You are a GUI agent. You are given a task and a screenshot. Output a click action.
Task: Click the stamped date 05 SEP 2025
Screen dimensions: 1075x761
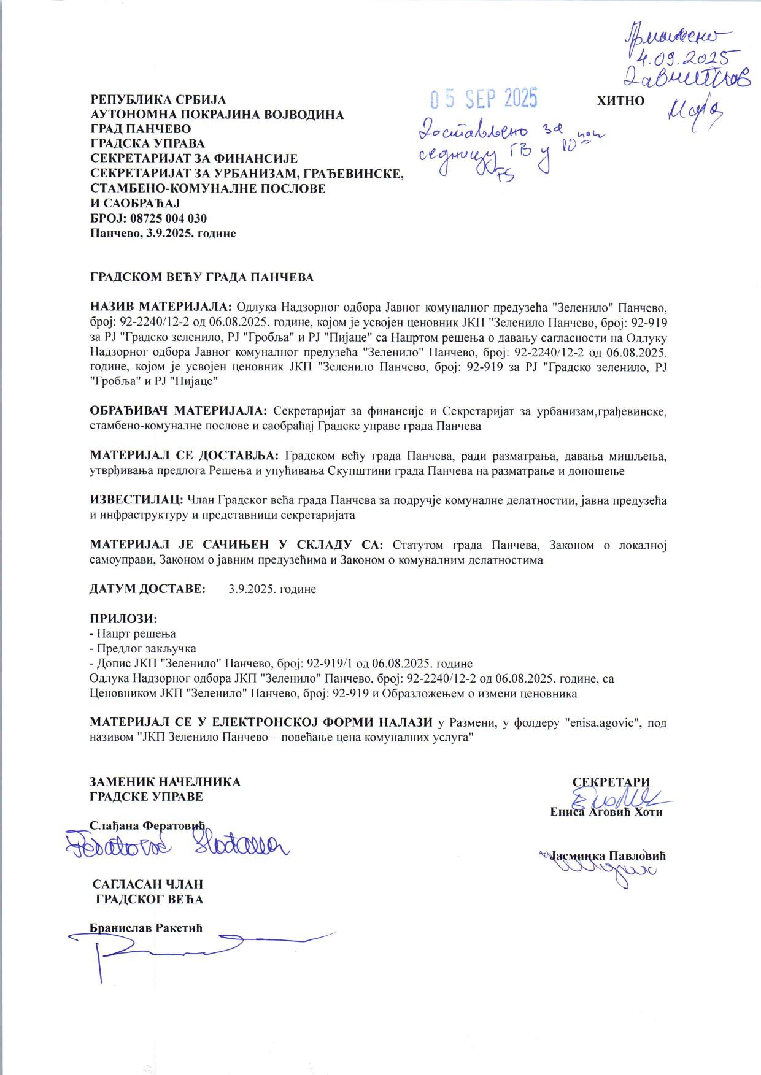tap(484, 98)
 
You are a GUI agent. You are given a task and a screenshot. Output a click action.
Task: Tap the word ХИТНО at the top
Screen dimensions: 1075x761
tap(620, 101)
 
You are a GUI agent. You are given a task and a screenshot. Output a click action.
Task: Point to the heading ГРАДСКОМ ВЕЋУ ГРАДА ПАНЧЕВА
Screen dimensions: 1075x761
tap(202, 277)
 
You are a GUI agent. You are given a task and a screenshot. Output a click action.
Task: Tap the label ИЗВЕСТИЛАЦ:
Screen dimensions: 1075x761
tap(136, 500)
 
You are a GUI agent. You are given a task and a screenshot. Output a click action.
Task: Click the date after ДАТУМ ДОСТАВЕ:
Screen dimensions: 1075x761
tap(272, 589)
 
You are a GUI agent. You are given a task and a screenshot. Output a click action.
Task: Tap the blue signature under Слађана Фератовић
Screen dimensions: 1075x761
tap(178, 847)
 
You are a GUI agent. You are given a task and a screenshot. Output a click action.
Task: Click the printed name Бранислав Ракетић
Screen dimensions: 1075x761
tap(146, 927)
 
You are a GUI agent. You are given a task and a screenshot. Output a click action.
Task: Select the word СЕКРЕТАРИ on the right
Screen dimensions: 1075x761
tap(611, 782)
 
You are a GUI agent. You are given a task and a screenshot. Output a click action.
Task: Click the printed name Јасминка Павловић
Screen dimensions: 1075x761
tap(609, 855)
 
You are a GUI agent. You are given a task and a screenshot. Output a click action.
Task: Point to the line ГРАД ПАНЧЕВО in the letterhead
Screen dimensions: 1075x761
tap(141, 129)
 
